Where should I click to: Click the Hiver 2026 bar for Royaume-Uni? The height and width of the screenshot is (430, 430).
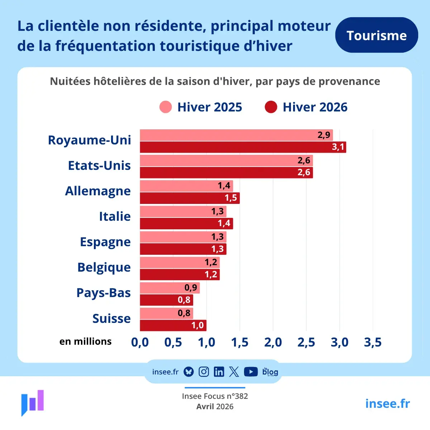[243, 147]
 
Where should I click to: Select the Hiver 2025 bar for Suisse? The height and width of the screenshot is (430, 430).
[167, 313]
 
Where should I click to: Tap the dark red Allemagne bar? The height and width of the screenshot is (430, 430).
[190, 198]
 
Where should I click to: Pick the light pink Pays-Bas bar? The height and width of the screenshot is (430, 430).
[170, 288]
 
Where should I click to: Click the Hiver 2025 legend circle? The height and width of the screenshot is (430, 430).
[166, 107]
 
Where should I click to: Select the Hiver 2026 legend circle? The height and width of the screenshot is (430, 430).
[271, 107]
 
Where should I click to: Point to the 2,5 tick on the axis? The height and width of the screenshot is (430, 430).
[306, 342]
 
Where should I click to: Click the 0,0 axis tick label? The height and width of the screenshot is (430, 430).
[140, 342]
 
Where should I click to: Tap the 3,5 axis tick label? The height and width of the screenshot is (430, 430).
[373, 342]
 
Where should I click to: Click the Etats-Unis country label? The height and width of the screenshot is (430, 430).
[99, 166]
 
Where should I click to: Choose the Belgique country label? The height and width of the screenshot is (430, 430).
[104, 268]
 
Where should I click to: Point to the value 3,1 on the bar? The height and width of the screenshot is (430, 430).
[338, 147]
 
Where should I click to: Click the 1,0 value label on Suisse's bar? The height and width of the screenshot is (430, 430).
[198, 325]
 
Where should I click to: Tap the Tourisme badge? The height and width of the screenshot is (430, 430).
[377, 35]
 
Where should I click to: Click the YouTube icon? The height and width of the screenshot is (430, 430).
[251, 372]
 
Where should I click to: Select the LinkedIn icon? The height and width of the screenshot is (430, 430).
[219, 372]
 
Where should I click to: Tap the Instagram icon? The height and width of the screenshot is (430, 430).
[204, 372]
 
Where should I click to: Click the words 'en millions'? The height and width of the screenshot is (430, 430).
[86, 341]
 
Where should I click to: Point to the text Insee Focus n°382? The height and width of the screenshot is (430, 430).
[215, 396]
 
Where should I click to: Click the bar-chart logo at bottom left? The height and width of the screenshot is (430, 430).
[33, 403]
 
